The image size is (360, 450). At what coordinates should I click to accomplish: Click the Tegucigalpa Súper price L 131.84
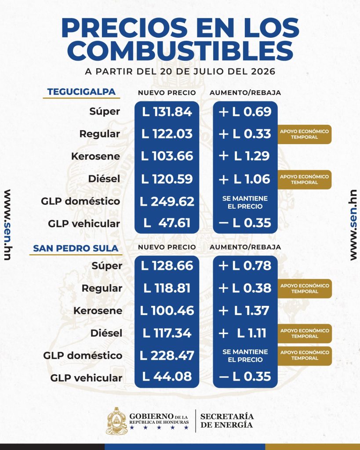tap(167, 112)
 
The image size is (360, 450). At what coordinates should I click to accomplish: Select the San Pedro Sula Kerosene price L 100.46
tap(167, 311)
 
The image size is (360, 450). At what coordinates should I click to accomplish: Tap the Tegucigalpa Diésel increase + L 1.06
tap(244, 179)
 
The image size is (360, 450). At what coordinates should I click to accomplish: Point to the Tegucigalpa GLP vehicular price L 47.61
tap(167, 223)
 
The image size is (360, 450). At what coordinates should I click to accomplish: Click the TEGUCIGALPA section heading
tap(81, 92)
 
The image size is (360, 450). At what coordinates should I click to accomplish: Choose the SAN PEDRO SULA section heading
tap(76, 248)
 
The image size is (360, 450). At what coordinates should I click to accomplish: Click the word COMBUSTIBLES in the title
tap(180, 51)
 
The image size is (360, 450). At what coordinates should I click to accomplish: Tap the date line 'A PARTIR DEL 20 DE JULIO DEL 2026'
tap(180, 71)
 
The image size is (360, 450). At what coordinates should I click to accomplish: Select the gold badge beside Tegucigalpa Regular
tap(304, 134)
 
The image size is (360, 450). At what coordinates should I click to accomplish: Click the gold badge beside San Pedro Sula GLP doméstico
tap(305, 356)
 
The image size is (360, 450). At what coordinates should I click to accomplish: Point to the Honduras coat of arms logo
tap(116, 421)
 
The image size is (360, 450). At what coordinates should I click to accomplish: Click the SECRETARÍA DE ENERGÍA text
tap(227, 421)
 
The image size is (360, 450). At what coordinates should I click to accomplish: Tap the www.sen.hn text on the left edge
tap(8, 225)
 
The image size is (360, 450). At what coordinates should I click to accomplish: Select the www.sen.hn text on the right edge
tap(353, 225)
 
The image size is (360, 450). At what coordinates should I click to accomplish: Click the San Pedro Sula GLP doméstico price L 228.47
tap(167, 356)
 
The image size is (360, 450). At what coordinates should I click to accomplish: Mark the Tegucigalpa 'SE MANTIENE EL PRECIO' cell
tap(245, 202)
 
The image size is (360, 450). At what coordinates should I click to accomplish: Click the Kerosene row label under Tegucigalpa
tap(95, 156)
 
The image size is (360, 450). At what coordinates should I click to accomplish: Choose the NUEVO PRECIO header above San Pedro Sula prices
tap(167, 247)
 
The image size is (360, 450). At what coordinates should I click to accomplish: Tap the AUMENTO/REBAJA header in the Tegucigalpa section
tap(245, 93)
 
